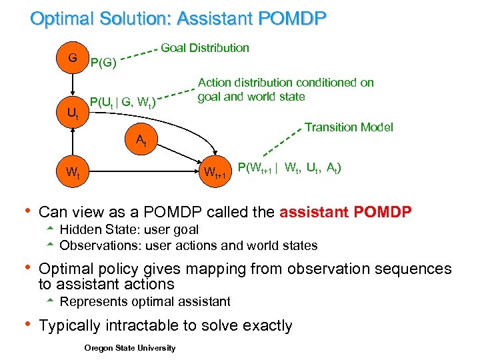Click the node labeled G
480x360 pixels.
click(71, 58)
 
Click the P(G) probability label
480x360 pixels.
click(103, 64)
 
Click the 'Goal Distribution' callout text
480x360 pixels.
click(205, 47)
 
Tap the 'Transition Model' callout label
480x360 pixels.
click(349, 127)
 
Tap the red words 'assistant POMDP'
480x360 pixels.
click(346, 212)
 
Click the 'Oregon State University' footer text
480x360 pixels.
click(130, 347)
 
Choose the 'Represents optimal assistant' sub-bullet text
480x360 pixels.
click(145, 301)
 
